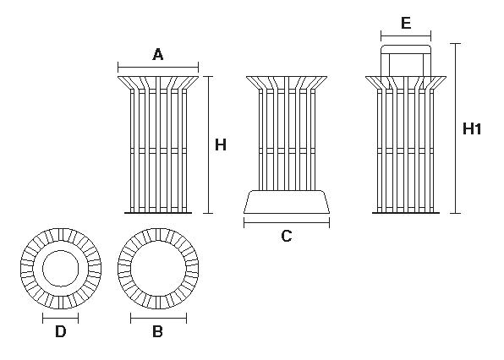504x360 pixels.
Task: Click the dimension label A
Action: tap(158, 55)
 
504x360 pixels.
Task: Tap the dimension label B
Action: tap(157, 331)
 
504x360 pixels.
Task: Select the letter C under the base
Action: tap(287, 236)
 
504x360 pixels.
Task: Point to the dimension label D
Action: tap(60, 331)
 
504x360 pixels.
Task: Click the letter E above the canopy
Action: tap(406, 23)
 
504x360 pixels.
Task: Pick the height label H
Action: tap(221, 145)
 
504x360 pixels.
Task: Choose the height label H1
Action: tap(472, 128)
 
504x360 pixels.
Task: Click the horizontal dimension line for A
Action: tap(158, 68)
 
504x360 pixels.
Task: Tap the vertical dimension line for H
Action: tap(208, 145)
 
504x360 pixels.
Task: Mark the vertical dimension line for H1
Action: tap(456, 128)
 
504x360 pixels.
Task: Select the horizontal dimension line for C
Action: tap(287, 222)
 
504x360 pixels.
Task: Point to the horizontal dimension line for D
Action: tap(60, 319)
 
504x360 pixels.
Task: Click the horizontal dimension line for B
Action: tap(158, 319)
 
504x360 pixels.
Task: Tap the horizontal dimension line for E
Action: tap(406, 36)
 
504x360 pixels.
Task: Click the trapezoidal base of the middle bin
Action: tap(287, 202)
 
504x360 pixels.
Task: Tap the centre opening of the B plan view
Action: tap(158, 269)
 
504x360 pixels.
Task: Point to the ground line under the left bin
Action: tap(158, 213)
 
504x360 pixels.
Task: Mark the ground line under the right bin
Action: tap(406, 213)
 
